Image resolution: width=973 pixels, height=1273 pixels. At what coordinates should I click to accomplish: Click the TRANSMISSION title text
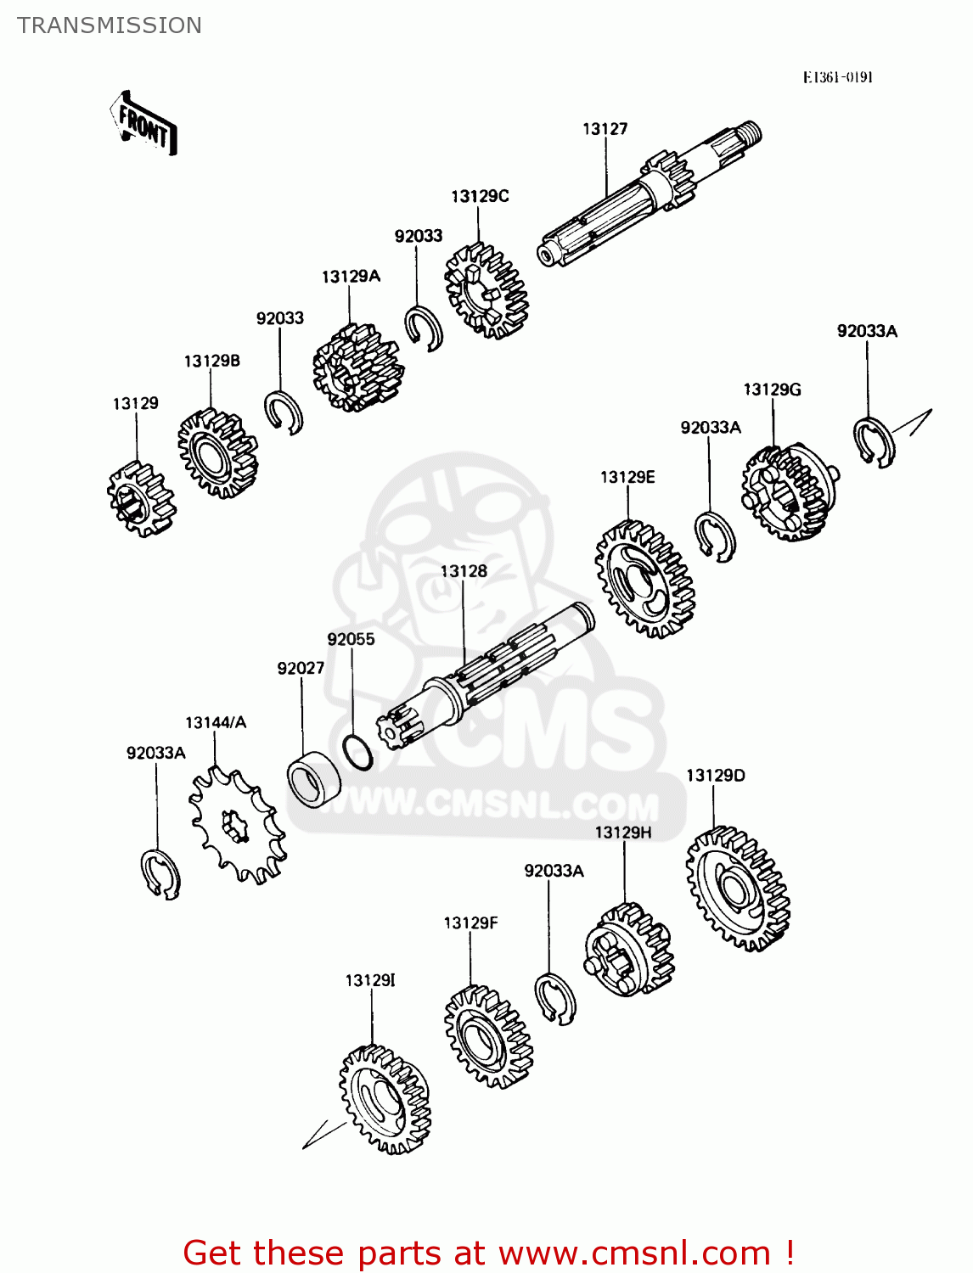110,25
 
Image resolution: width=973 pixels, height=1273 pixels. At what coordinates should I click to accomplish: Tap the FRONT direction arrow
143,124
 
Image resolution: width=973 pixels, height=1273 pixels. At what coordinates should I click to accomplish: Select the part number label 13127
605,129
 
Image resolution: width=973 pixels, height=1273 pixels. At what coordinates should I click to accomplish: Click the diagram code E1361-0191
837,77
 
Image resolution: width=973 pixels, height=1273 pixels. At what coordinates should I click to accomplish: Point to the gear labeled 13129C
486,291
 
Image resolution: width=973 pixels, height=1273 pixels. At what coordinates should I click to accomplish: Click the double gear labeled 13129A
357,367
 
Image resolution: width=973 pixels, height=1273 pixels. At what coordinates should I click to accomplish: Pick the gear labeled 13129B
217,453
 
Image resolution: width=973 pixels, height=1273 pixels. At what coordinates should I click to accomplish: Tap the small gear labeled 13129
141,499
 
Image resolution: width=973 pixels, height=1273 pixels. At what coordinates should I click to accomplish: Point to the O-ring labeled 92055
357,752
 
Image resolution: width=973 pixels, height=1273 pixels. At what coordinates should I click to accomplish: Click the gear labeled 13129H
629,950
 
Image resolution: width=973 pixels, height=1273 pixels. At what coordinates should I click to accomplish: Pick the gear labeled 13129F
488,1036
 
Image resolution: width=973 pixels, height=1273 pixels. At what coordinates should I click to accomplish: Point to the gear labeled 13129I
384,1099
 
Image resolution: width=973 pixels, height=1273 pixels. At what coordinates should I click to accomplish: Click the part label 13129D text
715,776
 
